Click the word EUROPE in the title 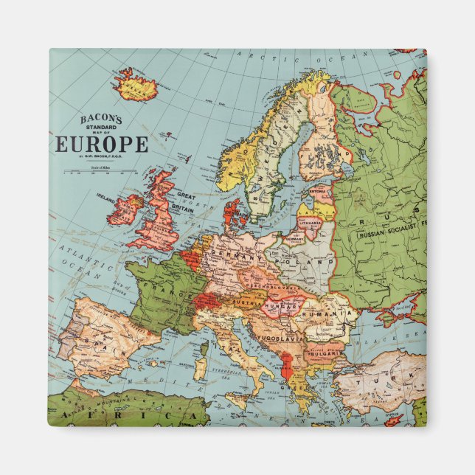tap(101, 145)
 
